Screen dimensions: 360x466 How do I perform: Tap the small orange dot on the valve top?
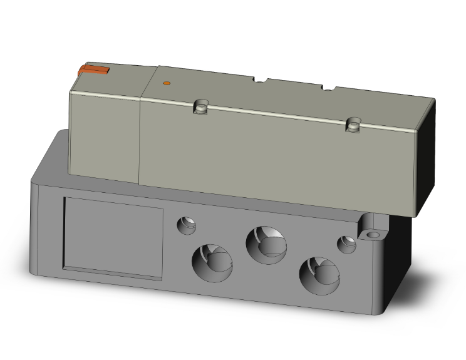coord(166,83)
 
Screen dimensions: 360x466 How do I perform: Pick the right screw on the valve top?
coord(354,125)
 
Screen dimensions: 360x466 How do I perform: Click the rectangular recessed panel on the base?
coord(113,237)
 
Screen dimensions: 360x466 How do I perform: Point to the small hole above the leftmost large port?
coord(186,224)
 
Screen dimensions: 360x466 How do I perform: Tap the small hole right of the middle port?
coord(346,244)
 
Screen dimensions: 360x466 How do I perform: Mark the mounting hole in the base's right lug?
coord(374,235)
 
